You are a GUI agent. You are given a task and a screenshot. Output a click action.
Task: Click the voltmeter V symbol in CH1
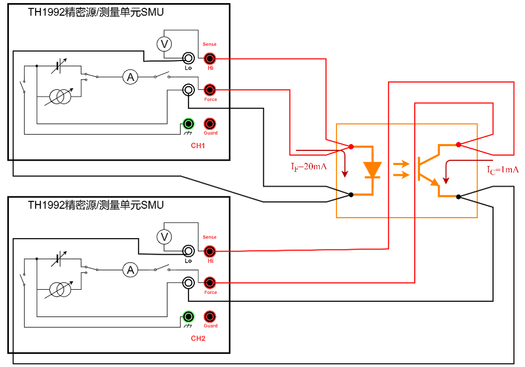pos(165,44)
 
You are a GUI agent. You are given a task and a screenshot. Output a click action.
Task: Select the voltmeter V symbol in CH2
pos(165,238)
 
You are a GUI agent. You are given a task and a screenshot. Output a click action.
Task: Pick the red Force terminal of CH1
pos(210,90)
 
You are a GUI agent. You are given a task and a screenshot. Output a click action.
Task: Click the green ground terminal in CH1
pos(188,124)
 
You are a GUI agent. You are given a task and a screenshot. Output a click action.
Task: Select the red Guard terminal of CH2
pos(210,316)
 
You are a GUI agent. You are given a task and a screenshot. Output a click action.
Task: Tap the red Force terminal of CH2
pos(210,283)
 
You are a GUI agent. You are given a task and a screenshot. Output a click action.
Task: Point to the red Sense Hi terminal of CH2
pos(210,251)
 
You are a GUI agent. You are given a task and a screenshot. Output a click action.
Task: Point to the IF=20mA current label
pos(309,168)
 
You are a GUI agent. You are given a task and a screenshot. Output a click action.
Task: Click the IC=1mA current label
pos(503,170)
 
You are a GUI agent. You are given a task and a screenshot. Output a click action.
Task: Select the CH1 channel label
pos(197,146)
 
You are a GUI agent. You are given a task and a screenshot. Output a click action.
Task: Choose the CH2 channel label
pos(197,338)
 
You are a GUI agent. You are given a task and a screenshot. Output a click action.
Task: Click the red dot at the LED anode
pos(351,146)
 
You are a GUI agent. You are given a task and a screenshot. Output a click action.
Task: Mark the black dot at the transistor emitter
pos(458,197)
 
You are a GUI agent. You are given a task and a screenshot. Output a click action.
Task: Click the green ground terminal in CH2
pos(188,316)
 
